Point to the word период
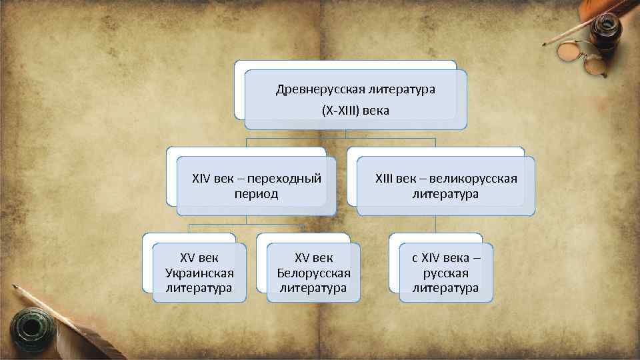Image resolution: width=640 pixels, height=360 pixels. [x=257, y=194]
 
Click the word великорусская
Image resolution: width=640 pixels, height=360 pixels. [x=473, y=179]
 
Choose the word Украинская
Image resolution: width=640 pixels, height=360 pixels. [x=199, y=273]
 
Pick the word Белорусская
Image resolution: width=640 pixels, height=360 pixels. [x=313, y=273]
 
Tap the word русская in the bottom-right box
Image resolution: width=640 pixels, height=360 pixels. [x=445, y=273]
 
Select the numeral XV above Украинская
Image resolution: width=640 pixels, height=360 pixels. [x=187, y=258]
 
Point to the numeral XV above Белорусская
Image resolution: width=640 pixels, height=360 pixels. [x=302, y=258]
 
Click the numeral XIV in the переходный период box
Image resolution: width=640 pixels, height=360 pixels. [x=201, y=179]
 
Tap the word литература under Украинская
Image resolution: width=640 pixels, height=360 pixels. [x=199, y=288]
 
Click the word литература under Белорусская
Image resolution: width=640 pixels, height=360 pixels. [x=313, y=288]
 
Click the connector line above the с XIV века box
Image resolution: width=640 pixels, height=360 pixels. [x=435, y=224]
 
